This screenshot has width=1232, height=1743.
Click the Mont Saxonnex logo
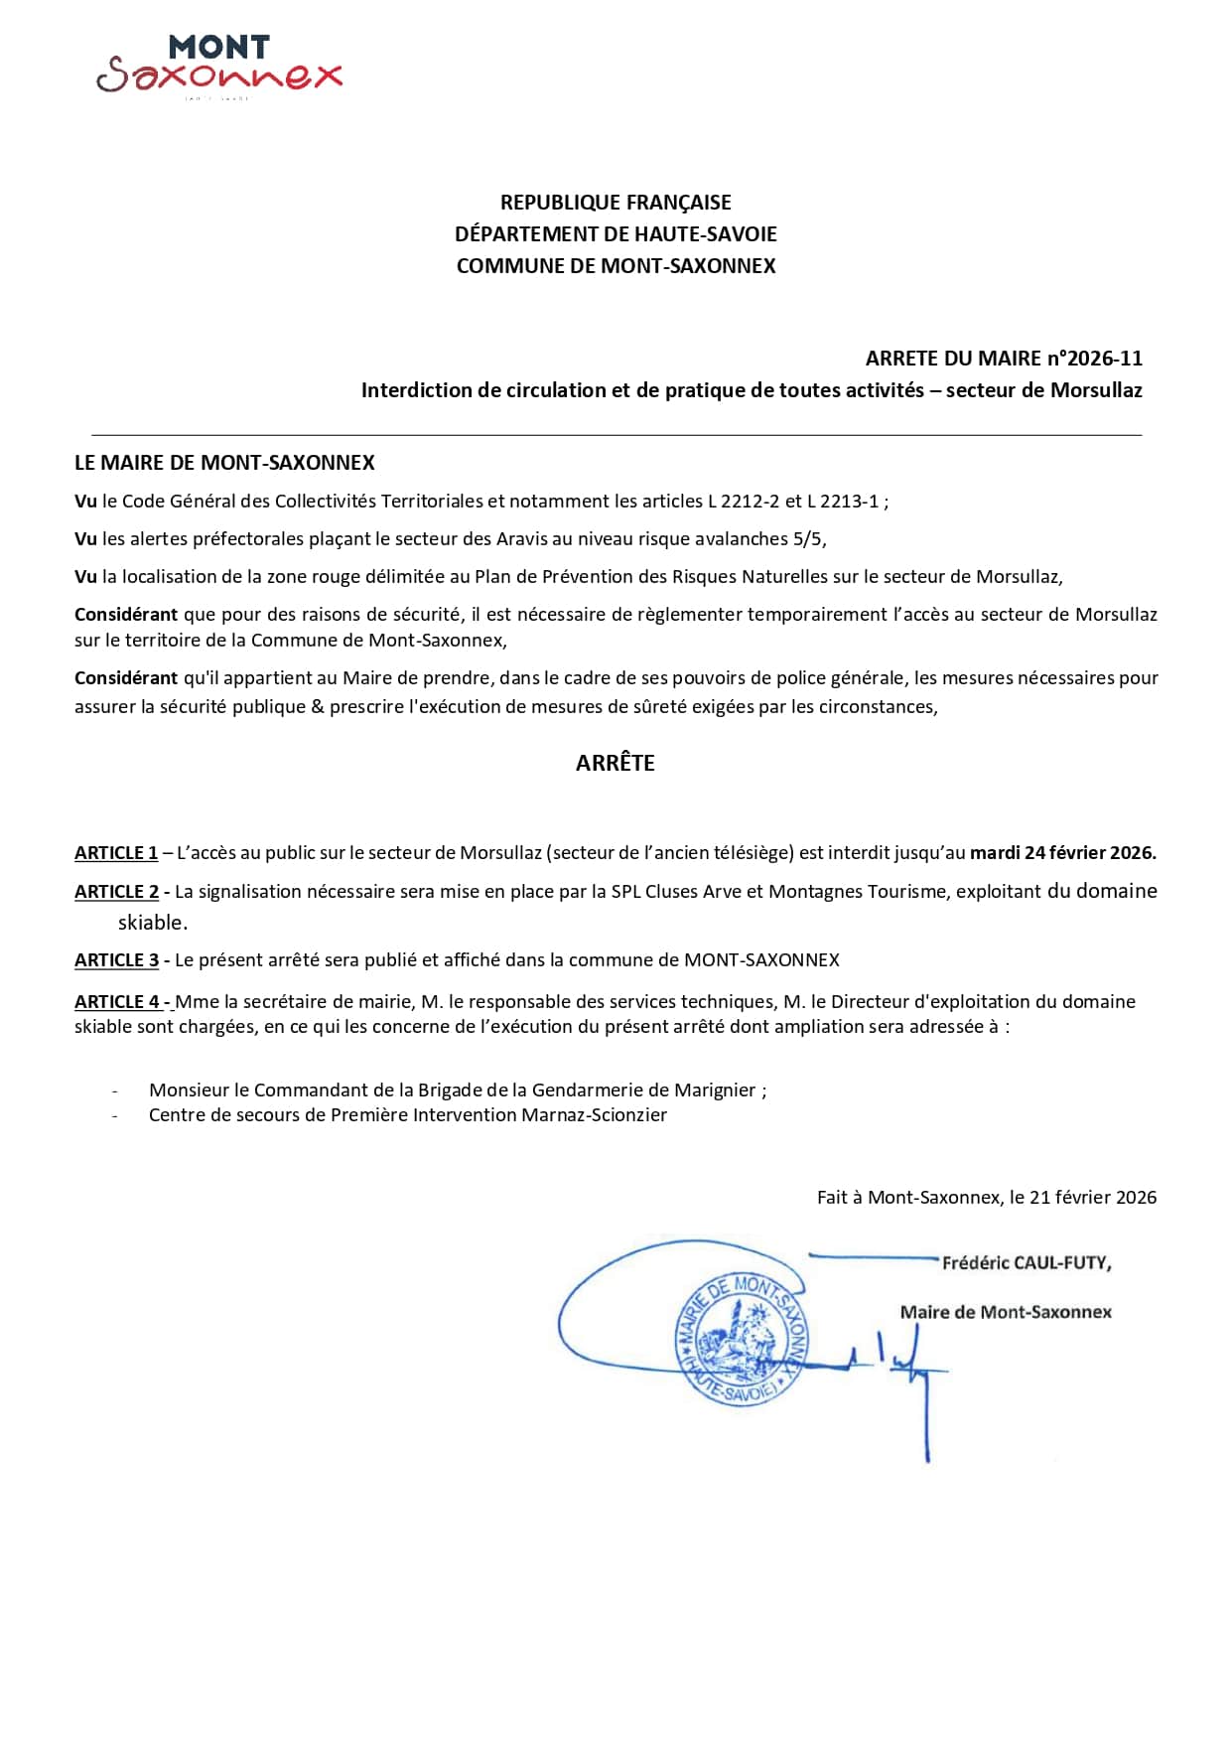tap(219, 66)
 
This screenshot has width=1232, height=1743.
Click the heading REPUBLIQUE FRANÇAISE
tap(616, 203)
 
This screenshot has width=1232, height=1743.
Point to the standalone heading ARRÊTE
tap(616, 763)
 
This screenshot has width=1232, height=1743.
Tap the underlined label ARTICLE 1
tap(116, 853)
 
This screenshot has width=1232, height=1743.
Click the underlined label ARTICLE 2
tap(117, 892)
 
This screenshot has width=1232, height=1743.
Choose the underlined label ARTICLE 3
tap(117, 960)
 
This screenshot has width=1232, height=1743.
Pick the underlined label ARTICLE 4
tap(117, 1002)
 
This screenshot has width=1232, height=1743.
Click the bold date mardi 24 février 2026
tap(1062, 853)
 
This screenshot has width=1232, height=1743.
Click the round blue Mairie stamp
tap(742, 1338)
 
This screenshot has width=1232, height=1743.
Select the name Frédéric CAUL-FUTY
tap(1026, 1263)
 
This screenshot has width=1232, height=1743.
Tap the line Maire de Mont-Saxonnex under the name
tap(1006, 1312)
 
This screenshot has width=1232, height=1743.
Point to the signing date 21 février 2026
tap(1093, 1198)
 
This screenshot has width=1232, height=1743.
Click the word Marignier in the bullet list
tap(716, 1090)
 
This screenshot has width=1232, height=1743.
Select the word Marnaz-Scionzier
tap(595, 1115)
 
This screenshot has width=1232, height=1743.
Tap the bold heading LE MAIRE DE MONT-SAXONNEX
tap(224, 463)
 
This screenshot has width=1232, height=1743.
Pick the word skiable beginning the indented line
tap(152, 923)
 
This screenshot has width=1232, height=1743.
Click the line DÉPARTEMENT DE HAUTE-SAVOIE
tap(616, 234)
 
